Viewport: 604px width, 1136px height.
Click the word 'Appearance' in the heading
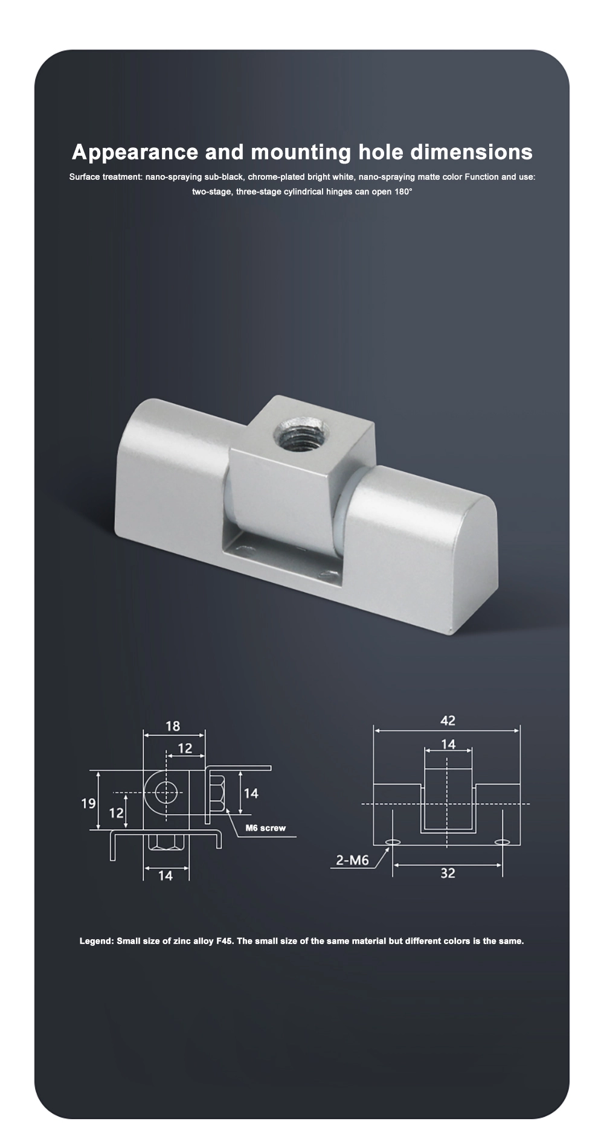tap(135, 152)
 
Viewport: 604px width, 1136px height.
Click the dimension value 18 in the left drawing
tap(173, 726)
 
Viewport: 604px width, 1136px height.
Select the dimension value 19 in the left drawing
tap(88, 803)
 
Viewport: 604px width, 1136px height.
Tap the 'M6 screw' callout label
tap(265, 828)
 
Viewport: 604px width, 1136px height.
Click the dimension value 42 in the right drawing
tap(448, 720)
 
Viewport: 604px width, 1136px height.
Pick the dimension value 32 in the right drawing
tap(448, 873)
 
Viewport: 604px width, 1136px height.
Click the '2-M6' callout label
tap(352, 860)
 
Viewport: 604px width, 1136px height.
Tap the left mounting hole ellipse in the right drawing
tap(393, 842)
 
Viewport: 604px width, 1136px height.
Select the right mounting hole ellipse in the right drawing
tap(502, 842)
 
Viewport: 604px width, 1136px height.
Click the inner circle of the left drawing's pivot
tap(165, 791)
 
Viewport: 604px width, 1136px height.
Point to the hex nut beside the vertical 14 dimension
tap(217, 794)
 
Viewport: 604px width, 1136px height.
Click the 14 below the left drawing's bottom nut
tap(165, 875)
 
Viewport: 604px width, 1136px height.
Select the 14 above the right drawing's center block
tap(448, 744)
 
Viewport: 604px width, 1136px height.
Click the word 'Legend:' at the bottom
tap(97, 941)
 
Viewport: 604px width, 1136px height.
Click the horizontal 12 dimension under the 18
tap(185, 748)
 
